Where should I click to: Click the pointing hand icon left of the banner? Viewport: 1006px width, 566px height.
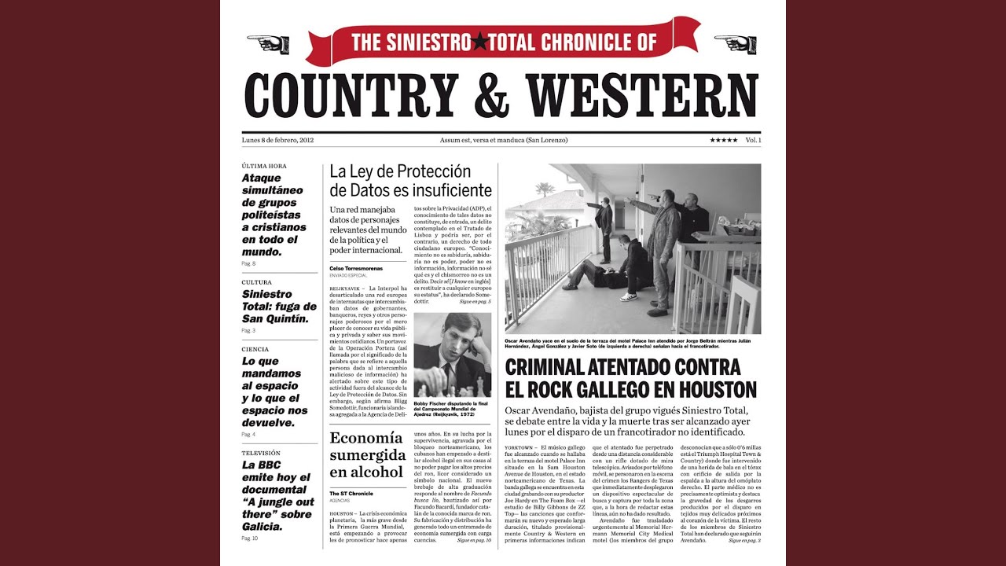pos(268,43)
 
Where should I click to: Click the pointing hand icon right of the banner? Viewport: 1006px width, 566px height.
pos(735,43)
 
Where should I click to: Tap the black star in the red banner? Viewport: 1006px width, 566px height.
pos(479,42)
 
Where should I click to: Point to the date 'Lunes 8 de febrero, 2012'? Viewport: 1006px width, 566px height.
pos(278,140)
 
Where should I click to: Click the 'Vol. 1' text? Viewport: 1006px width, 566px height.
pos(753,140)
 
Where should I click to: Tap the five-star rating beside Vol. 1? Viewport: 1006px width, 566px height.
pos(723,140)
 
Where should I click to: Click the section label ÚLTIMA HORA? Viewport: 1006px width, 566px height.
pos(264,166)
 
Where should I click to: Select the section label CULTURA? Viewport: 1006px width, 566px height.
pos(257,282)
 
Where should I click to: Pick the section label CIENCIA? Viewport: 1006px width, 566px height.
pos(255,349)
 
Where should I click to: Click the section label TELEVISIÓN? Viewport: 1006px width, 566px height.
pos(262,454)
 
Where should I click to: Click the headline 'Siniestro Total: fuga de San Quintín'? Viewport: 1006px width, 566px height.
pos(279,307)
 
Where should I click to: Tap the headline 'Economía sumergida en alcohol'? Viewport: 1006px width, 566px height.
pos(366,455)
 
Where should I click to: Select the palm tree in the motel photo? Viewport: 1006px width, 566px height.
pos(544,189)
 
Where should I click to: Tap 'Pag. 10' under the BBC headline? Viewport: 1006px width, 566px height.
pos(250,538)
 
